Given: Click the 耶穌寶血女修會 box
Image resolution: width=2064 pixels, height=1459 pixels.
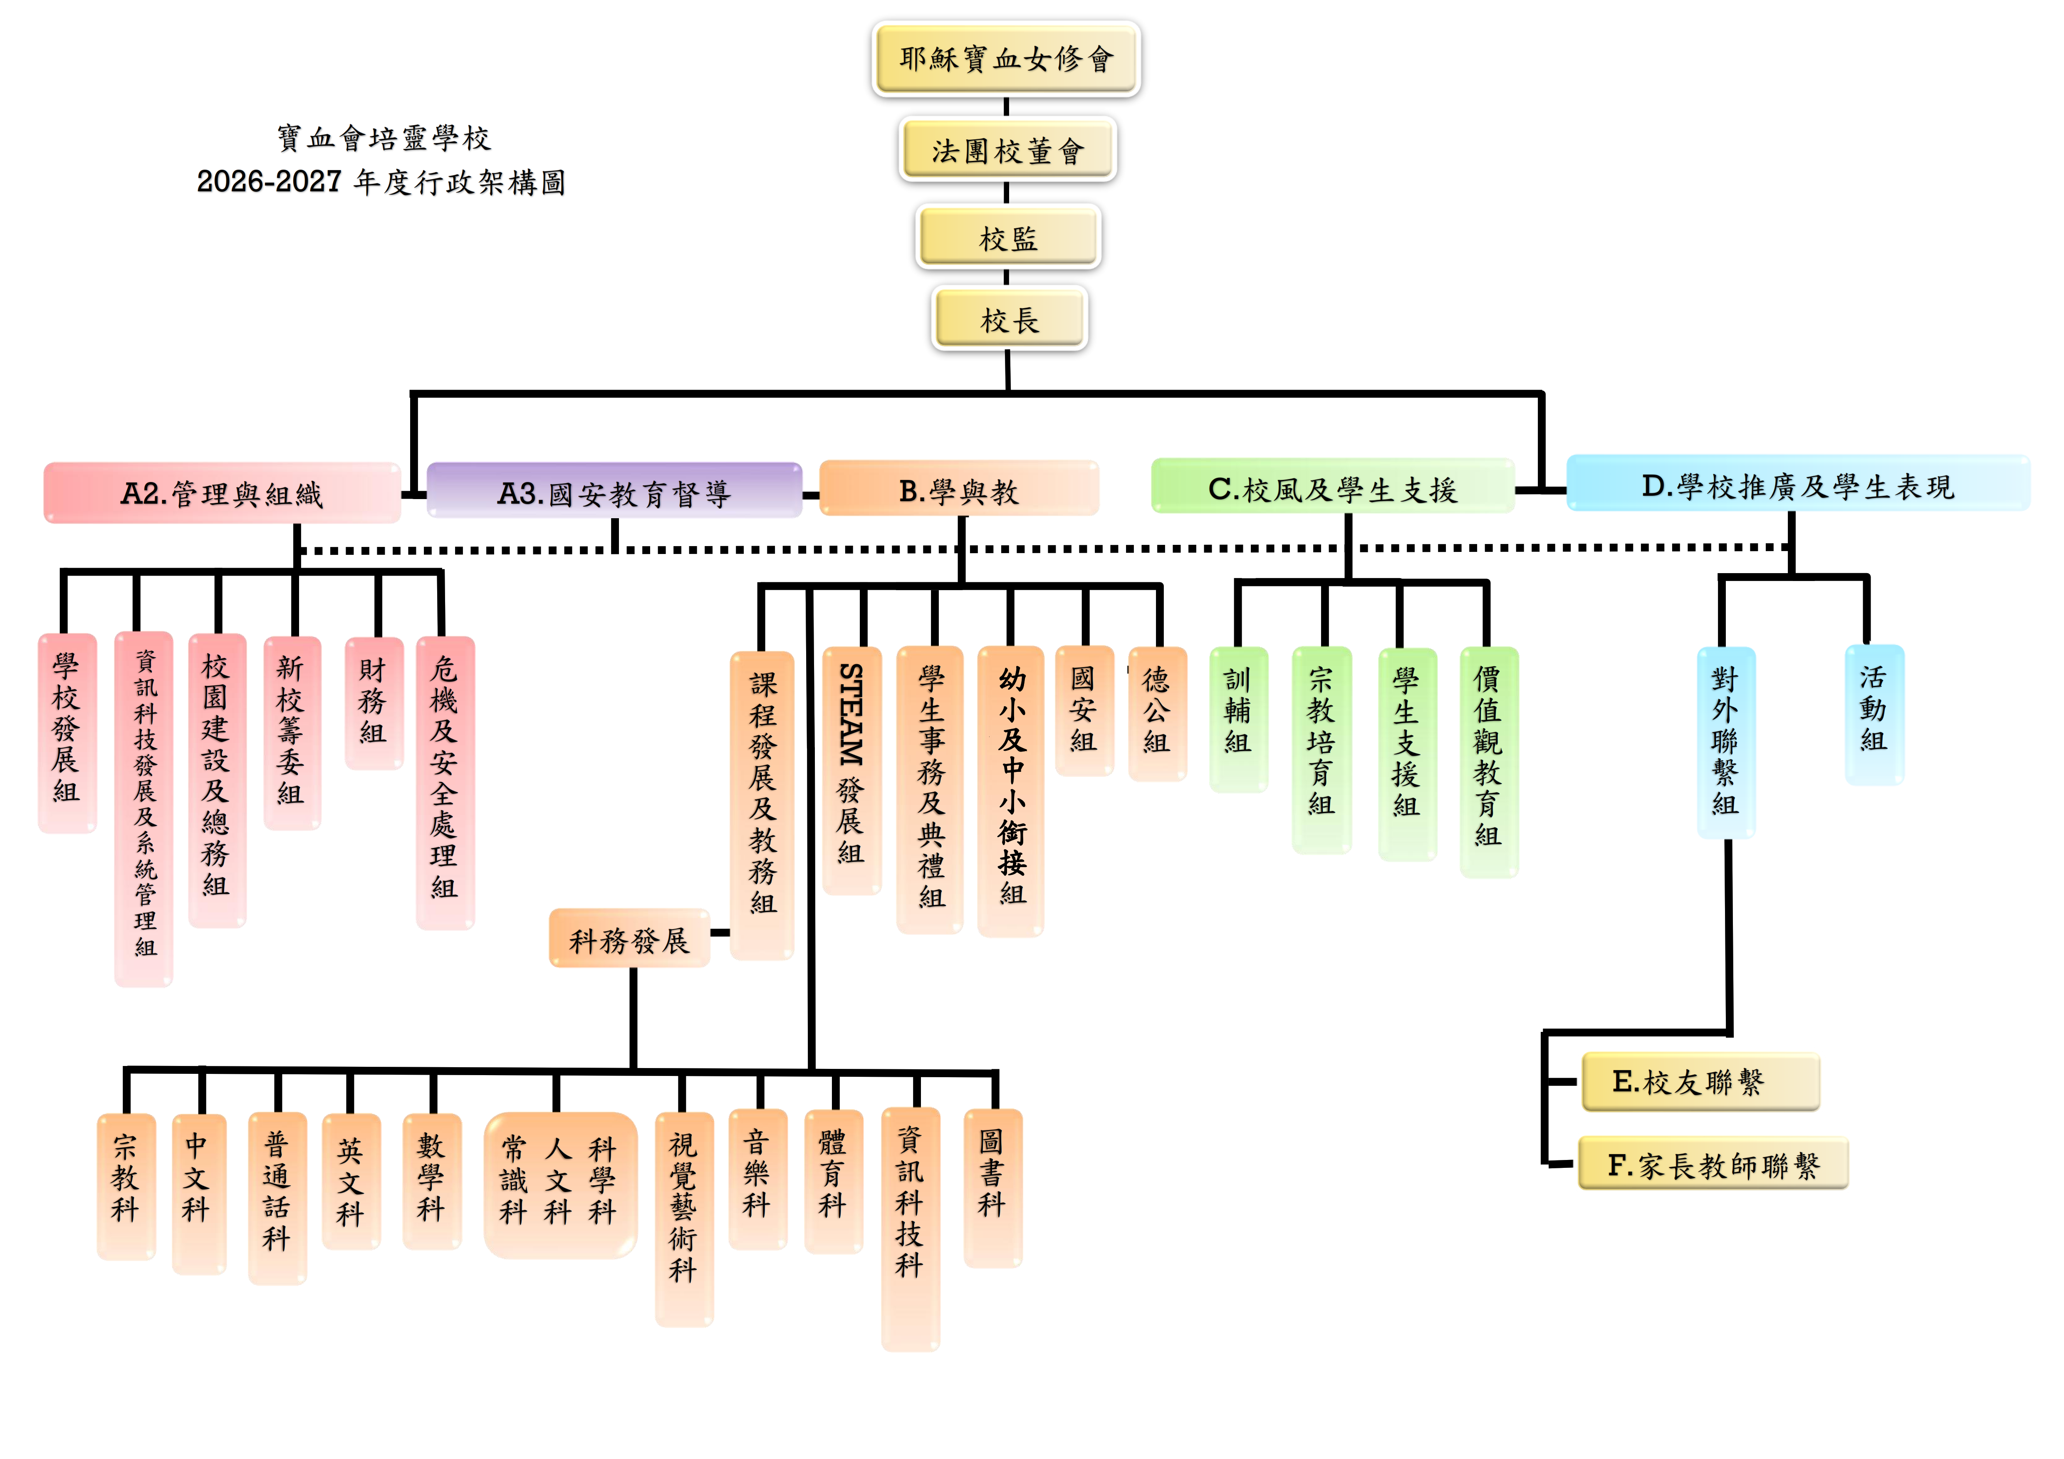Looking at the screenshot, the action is point(1006,58).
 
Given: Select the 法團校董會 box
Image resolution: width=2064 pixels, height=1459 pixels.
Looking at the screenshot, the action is point(1007,150).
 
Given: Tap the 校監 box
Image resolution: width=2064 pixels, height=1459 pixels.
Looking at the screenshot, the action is point(1008,237).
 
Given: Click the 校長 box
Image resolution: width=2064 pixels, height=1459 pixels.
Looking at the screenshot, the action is point(1010,318).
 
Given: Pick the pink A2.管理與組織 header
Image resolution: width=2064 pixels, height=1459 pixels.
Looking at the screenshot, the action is point(222,492).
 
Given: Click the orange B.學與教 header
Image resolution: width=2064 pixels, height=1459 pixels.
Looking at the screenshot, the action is point(959,489).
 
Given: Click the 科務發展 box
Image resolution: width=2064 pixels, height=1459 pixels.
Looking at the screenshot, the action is point(629,940).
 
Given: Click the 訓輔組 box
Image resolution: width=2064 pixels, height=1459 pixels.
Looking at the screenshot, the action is point(1239,719).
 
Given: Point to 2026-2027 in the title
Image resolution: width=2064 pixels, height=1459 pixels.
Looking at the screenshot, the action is point(269,182).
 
